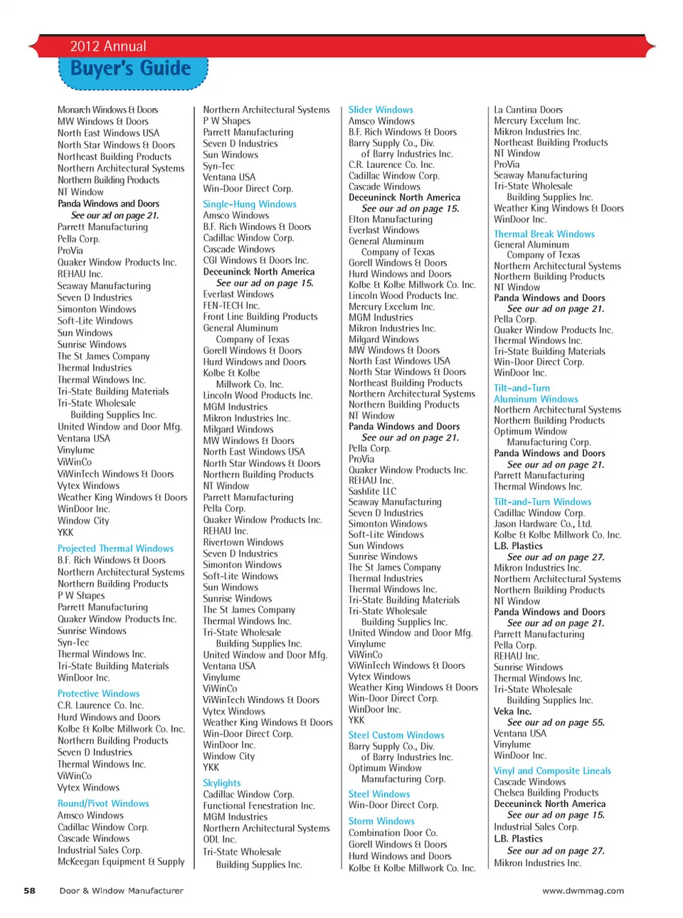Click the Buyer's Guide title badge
(x=132, y=70)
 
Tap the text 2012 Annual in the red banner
(x=108, y=46)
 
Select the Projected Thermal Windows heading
(x=115, y=549)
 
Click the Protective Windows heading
(x=98, y=694)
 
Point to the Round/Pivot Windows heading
(x=103, y=803)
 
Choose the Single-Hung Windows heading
(x=249, y=204)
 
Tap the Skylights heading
(x=221, y=783)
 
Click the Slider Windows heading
(x=380, y=110)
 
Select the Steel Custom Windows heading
(x=396, y=735)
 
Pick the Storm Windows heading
(x=381, y=821)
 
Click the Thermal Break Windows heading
(x=544, y=234)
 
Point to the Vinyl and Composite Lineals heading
(x=552, y=771)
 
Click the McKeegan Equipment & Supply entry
(x=121, y=862)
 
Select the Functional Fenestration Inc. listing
(x=258, y=806)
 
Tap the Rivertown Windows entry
(x=243, y=542)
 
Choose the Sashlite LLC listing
(x=372, y=491)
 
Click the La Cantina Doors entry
(x=528, y=110)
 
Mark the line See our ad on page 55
(x=555, y=722)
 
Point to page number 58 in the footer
(x=29, y=890)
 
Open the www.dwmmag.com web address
(x=583, y=890)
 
